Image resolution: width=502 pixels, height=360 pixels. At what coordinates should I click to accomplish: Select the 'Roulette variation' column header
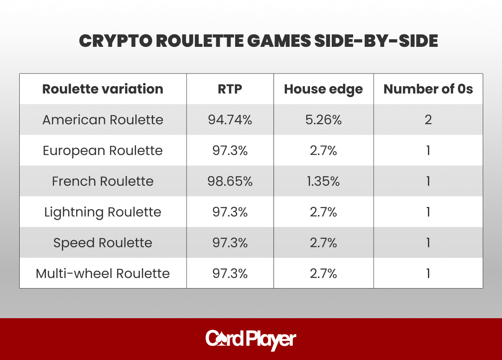[102, 89]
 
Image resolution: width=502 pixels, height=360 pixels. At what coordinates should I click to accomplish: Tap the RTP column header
[230, 89]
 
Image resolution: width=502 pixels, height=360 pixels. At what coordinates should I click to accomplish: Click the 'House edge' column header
[323, 89]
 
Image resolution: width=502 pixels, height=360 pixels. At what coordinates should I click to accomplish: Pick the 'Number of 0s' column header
[428, 89]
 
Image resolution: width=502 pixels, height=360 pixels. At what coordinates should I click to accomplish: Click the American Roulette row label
[102, 120]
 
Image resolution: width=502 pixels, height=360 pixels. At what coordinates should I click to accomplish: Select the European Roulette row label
[102, 151]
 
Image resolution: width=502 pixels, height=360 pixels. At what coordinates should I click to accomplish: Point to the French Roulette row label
[102, 181]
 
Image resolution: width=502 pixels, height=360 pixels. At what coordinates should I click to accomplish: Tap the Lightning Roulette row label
[102, 212]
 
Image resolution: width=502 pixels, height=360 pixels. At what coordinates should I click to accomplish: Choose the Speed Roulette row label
[102, 243]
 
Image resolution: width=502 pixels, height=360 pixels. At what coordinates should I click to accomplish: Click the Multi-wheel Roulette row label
[102, 273]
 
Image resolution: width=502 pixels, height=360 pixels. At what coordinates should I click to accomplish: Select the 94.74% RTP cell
[230, 120]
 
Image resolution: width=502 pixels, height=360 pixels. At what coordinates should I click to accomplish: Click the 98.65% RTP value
[230, 181]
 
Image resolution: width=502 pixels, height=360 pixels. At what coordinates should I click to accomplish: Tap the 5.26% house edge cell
[323, 120]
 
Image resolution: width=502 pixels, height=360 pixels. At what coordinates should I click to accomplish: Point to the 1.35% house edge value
[323, 181]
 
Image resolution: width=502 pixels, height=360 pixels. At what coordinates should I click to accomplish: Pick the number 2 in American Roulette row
[428, 120]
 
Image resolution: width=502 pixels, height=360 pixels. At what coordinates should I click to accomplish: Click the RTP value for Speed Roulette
[230, 243]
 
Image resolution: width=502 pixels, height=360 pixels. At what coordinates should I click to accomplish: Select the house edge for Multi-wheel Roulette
[323, 273]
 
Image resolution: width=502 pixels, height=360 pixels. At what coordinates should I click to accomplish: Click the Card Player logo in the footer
[251, 340]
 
